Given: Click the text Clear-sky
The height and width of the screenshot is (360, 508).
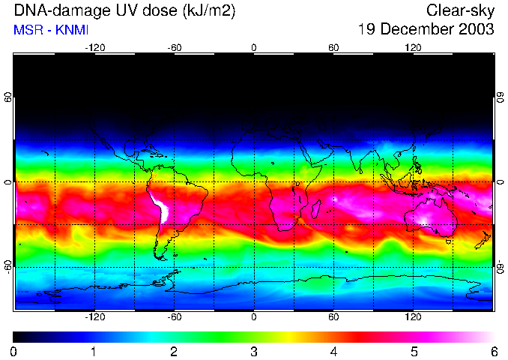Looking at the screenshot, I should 460,10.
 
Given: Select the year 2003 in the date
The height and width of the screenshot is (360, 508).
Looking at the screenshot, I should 473,29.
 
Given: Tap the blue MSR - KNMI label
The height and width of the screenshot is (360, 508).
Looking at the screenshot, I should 45,30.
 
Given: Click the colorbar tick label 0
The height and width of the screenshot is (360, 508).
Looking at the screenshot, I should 14,351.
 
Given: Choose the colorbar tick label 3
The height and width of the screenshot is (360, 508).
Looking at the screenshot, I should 254,351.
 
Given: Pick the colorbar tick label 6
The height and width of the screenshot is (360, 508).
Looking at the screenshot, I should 493,351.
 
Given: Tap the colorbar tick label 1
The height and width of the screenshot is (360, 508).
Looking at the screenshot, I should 94,351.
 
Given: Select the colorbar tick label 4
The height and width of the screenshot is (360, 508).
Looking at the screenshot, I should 333,351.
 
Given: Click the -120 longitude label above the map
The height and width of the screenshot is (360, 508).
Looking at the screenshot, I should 94,47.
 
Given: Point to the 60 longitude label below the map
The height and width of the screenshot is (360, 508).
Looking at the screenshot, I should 333,317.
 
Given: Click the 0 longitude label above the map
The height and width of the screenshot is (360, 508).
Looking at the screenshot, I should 254,47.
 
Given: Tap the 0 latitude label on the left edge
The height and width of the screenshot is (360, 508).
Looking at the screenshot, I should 7,182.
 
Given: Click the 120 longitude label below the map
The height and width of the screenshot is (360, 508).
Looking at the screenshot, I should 413,317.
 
